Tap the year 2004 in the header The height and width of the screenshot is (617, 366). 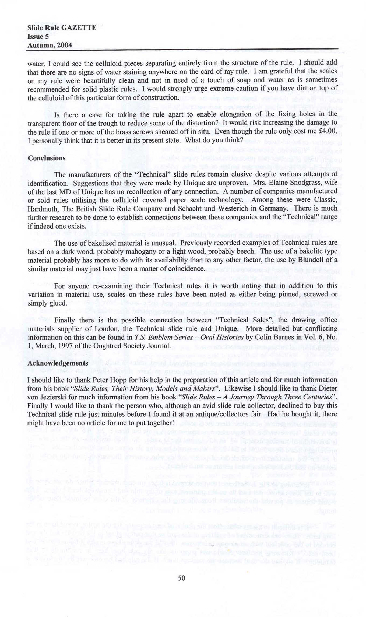click(65, 45)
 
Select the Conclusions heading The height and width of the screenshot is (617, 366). click(47, 158)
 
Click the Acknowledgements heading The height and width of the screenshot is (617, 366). click(58, 363)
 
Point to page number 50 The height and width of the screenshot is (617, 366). click(182, 578)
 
